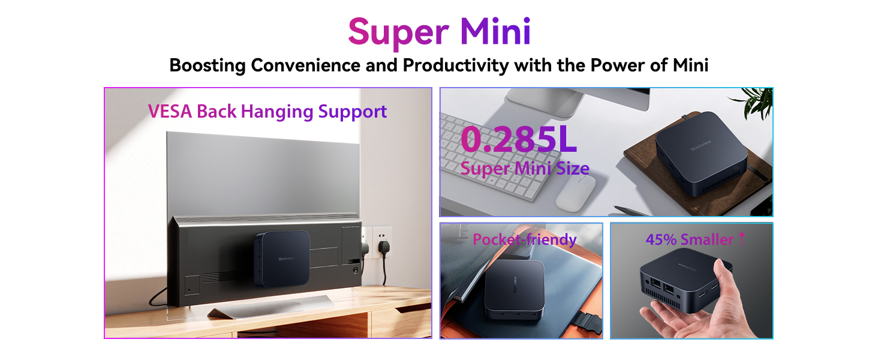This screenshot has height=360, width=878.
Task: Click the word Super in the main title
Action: click(398, 32)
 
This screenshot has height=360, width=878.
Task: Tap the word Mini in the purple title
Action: click(495, 31)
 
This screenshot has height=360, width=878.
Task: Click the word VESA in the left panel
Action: click(170, 112)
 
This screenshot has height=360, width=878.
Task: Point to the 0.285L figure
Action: click(519, 139)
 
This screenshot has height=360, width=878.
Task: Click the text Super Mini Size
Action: click(525, 169)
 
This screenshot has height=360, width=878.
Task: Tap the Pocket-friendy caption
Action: click(524, 239)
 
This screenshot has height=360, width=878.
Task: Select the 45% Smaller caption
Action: click(690, 239)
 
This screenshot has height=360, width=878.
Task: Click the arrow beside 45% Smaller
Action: click(742, 238)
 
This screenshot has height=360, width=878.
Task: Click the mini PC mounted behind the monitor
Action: click(282, 258)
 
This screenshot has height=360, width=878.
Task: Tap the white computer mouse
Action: click(575, 193)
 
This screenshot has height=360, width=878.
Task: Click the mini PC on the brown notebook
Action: click(701, 153)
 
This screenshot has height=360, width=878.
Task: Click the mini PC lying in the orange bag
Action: click(515, 289)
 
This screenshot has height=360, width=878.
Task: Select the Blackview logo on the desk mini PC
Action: click(701, 145)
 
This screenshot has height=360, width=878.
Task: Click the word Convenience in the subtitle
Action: click(305, 65)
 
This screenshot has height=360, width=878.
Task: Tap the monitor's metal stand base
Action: click(270, 308)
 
